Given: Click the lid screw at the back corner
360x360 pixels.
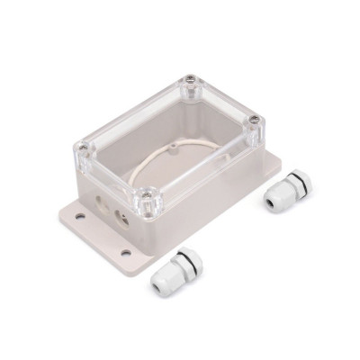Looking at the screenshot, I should click(191, 82).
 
